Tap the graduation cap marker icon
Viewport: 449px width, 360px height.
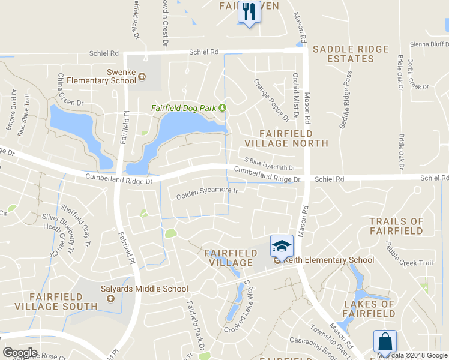[282, 245]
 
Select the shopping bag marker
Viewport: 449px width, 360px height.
[384, 341]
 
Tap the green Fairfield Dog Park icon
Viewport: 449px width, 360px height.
[222, 108]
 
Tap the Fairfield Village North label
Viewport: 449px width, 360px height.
[294, 138]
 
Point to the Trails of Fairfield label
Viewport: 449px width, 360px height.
[396, 226]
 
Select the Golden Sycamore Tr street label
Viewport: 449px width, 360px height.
[207, 194]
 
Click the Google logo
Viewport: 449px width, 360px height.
[20, 352]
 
